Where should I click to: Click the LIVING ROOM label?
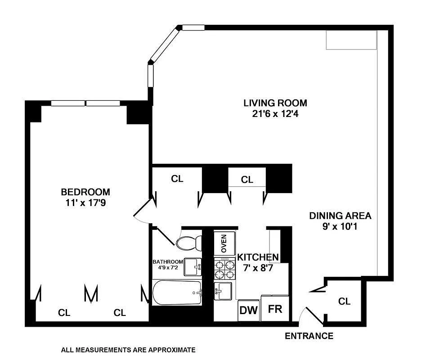click(x=275, y=103)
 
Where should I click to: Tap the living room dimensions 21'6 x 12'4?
click(x=275, y=113)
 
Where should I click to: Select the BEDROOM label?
click(x=85, y=192)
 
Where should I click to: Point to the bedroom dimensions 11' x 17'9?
click(x=85, y=202)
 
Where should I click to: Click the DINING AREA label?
click(x=340, y=216)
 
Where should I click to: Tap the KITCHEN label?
click(x=258, y=257)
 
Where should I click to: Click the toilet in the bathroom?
click(x=189, y=243)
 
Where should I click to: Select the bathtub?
click(x=177, y=292)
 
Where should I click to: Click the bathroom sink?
click(x=193, y=267)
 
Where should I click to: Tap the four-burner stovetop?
click(x=224, y=269)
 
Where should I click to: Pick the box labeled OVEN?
click(x=224, y=243)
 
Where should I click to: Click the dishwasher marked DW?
click(x=249, y=310)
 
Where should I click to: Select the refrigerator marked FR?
click(x=275, y=308)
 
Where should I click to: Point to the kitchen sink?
click(x=223, y=291)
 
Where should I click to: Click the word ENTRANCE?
click(x=309, y=336)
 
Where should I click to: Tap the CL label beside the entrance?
click(x=344, y=301)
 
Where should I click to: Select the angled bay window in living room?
click(x=164, y=45)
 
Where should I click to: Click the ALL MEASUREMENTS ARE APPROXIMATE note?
click(x=128, y=350)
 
